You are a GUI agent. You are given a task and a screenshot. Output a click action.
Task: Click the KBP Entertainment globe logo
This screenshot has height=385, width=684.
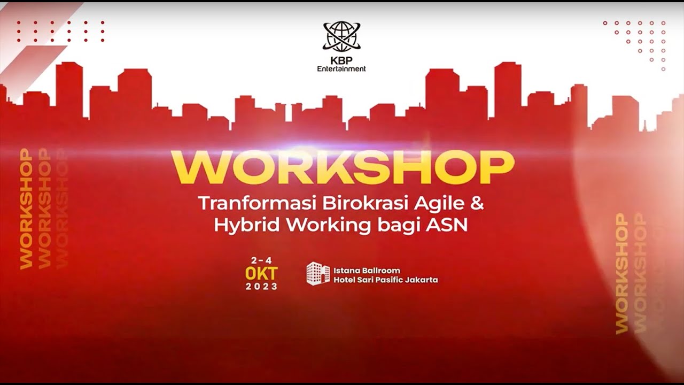(x=342, y=36)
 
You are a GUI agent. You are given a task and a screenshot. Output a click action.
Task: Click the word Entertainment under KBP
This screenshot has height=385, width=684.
(x=341, y=68)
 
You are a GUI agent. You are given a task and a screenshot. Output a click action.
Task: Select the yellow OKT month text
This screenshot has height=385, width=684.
(x=261, y=274)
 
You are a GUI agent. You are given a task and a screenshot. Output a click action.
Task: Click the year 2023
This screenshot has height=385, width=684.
(x=261, y=286)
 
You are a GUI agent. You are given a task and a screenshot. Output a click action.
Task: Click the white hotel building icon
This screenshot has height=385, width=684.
(x=318, y=273)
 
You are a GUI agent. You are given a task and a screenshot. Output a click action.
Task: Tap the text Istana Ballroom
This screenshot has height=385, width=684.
(x=367, y=271)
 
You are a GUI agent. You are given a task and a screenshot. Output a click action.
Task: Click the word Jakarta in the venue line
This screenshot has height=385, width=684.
(x=422, y=280)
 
